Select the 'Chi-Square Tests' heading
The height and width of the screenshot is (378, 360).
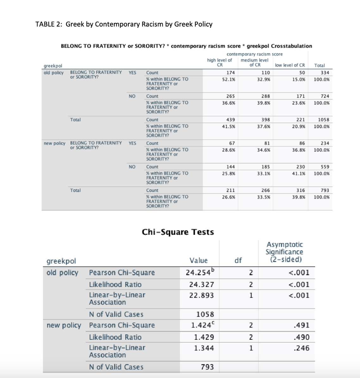pyautogui.click(x=178, y=232)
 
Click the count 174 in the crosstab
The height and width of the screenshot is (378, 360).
pyautogui.click(x=231, y=73)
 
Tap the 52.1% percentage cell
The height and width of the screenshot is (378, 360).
pyautogui.click(x=228, y=79)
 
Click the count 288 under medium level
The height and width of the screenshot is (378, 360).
pyautogui.click(x=265, y=96)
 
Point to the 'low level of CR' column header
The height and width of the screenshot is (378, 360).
pyautogui.click(x=290, y=65)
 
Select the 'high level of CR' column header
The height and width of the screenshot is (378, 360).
pyautogui.click(x=220, y=62)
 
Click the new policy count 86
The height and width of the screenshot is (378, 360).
pyautogui.click(x=302, y=143)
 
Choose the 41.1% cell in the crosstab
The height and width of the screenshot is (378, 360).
pyautogui.click(x=299, y=174)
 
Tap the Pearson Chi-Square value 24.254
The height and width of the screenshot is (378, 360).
pyautogui.click(x=201, y=272)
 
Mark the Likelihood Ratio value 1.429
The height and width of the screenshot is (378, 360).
pyautogui.click(x=204, y=337)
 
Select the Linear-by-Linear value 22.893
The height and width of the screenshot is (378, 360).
pyautogui.click(x=201, y=295)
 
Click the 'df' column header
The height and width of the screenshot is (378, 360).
pyautogui.click(x=238, y=260)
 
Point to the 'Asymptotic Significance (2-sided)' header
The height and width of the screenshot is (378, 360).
pyautogui.click(x=284, y=252)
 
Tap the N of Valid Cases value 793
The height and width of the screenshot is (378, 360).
pyautogui.click(x=207, y=367)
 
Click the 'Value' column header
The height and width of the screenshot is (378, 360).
pyautogui.click(x=198, y=260)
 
